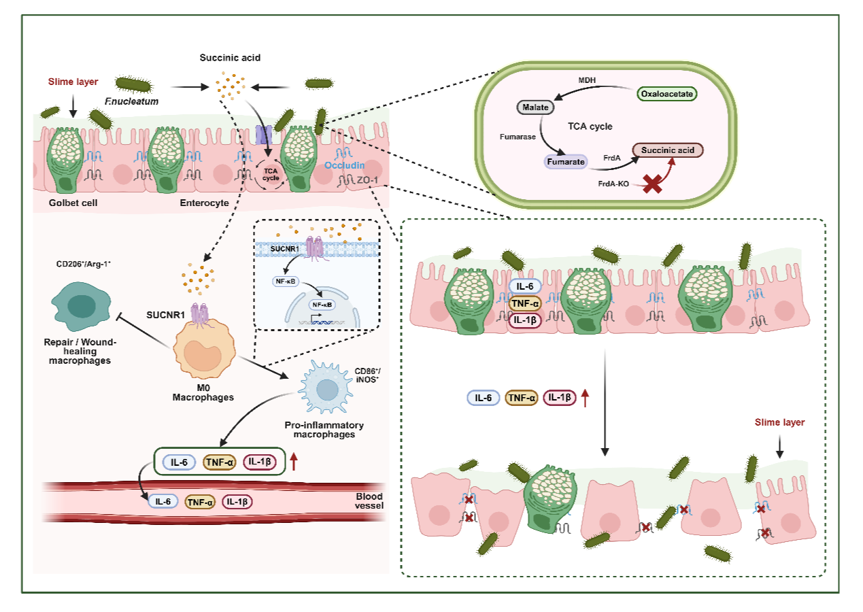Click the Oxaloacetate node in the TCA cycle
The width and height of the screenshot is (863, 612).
click(x=667, y=94)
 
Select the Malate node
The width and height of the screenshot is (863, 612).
click(x=535, y=107)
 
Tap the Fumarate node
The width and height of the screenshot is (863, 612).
click(x=566, y=162)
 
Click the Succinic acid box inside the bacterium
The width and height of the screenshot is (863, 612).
click(x=668, y=150)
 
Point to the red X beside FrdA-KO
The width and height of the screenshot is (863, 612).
click(x=653, y=184)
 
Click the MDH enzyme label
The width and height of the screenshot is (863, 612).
click(x=587, y=80)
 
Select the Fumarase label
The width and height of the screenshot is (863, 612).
click(x=518, y=137)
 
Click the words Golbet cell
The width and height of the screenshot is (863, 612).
click(x=73, y=203)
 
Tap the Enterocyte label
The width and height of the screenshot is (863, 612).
click(x=204, y=203)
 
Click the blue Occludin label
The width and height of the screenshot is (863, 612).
click(x=344, y=165)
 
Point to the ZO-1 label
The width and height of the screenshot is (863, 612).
click(x=367, y=180)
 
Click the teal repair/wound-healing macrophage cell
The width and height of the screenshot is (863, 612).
click(x=81, y=306)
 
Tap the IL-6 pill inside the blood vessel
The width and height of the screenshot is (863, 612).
click(x=163, y=501)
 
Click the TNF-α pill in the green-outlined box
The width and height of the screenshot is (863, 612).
click(x=219, y=462)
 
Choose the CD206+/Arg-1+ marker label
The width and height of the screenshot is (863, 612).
click(x=83, y=265)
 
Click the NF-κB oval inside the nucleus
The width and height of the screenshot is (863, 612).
click(x=322, y=305)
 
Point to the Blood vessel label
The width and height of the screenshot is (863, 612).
click(x=369, y=500)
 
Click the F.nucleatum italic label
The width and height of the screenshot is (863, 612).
click(x=131, y=101)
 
